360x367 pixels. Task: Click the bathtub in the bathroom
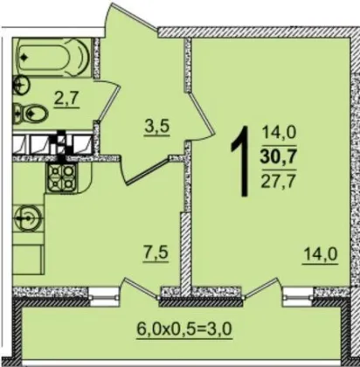point(53,58)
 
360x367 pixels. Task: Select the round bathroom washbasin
point(21,86)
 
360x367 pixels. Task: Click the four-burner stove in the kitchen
point(60,177)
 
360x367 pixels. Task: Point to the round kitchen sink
point(28,218)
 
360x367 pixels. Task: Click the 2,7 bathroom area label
point(67,100)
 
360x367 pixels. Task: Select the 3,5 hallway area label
point(156,128)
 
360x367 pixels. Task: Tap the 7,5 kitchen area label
point(156,253)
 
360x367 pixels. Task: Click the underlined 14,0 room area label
point(321,254)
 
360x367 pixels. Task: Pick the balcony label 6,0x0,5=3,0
point(184,329)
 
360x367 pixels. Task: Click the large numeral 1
point(241,161)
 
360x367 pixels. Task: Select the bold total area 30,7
point(279,157)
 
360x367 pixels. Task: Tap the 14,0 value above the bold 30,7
point(279,132)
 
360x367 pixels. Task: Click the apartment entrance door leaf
point(134,17)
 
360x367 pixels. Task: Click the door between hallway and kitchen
point(148,171)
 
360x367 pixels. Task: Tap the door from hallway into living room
point(202,114)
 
